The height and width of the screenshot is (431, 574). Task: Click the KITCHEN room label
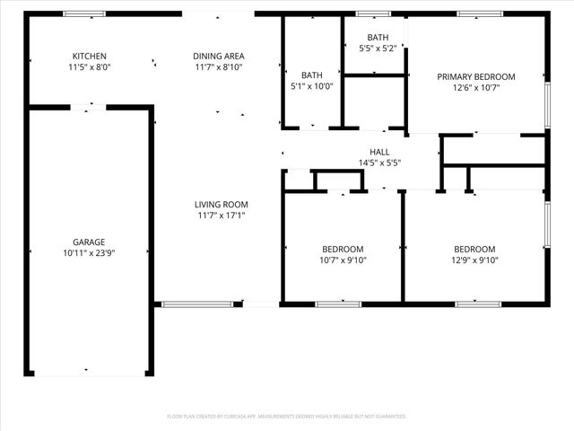(x=89, y=56)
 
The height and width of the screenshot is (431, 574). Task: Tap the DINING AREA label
(x=219, y=56)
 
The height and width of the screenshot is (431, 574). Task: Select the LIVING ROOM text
(x=222, y=204)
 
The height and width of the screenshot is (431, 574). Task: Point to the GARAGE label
(x=89, y=242)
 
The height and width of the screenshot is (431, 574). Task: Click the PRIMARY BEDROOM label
(x=475, y=76)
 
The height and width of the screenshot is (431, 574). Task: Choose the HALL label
(x=379, y=152)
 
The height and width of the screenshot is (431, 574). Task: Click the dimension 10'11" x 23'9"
(x=89, y=253)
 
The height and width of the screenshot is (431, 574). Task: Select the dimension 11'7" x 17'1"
(x=222, y=215)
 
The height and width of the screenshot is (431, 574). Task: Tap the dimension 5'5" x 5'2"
(x=376, y=48)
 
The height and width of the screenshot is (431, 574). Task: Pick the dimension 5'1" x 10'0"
(x=312, y=86)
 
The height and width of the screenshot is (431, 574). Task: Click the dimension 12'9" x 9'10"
(x=474, y=260)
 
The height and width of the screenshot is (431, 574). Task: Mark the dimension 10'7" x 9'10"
(x=343, y=260)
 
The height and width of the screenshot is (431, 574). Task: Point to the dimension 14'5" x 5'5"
(x=379, y=163)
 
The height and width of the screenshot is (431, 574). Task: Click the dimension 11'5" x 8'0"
(x=89, y=66)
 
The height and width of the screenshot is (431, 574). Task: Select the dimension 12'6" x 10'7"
(x=475, y=87)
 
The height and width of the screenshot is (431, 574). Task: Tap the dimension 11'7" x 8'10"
(x=219, y=66)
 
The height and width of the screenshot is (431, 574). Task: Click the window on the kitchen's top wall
(x=83, y=13)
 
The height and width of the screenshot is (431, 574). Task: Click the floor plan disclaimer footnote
(x=287, y=417)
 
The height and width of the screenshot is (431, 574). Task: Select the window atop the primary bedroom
(x=478, y=13)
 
